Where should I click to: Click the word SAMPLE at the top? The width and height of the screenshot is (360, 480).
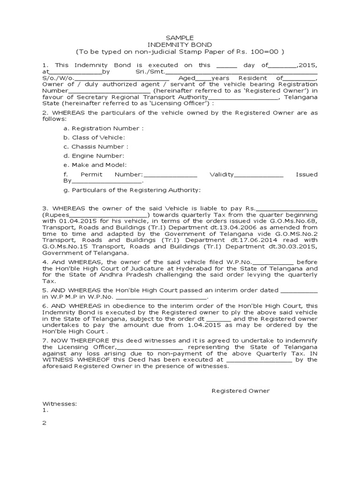point(180,37)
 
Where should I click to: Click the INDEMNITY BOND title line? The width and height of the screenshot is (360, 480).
point(180,45)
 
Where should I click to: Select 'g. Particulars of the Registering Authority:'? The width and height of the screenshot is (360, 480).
point(132,190)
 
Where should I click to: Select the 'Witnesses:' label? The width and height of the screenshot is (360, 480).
point(60,403)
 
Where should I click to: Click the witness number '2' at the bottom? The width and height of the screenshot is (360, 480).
point(45,422)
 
